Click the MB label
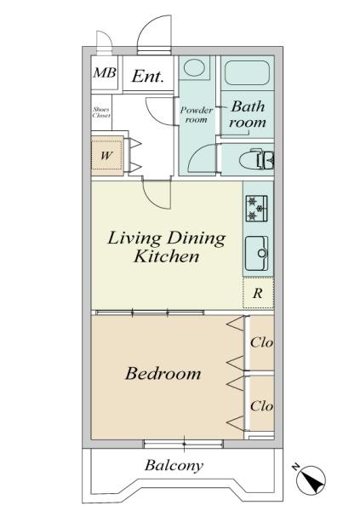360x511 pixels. pos(104,72)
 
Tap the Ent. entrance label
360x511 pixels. pos(148,76)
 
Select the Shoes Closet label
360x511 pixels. pos(101,112)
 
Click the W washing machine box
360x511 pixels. pos(106,155)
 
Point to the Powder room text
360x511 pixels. pos(197,115)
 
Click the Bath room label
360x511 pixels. pos(248,114)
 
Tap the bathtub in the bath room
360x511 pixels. pos(248,72)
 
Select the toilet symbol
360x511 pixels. pos(256,159)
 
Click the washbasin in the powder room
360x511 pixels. pos(194,67)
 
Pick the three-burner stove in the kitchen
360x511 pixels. pos(257,209)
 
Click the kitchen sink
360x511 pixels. pos(257,253)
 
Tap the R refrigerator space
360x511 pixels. pos(258,293)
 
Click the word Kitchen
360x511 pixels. pos(167,256)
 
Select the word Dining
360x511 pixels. pos(196,238)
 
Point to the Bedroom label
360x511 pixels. pos(163,374)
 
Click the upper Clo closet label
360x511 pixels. pos(261,342)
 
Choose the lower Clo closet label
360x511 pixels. pos(261,406)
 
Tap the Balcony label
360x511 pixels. pos(174,465)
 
